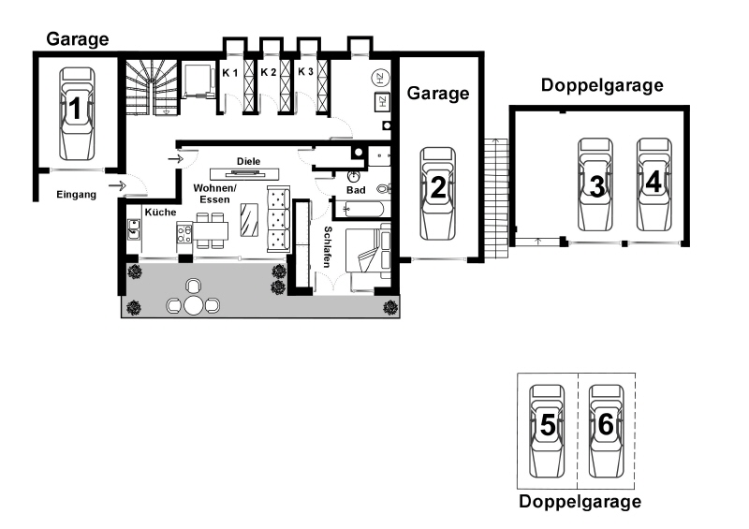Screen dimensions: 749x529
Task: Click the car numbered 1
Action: tap(77, 113)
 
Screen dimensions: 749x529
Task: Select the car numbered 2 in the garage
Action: tap(437, 193)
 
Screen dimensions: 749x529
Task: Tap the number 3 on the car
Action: tap(596, 186)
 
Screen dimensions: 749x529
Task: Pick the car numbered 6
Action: tap(606, 431)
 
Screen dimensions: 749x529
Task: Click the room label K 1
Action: tap(229, 73)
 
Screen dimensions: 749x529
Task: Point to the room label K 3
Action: tap(306, 72)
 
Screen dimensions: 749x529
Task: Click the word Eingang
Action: tap(77, 195)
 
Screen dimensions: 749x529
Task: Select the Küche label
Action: tap(160, 213)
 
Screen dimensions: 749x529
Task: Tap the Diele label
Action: tap(249, 162)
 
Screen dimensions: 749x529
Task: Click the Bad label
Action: tap(356, 190)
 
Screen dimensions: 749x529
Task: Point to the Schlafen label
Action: tap(328, 247)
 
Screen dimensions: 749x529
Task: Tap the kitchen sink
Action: tap(134, 228)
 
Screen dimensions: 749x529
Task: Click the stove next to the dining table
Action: tap(184, 234)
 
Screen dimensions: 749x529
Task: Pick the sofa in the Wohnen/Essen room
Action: tap(278, 219)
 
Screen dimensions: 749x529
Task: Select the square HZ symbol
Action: tap(382, 102)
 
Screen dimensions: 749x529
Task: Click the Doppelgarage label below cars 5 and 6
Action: tap(580, 502)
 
